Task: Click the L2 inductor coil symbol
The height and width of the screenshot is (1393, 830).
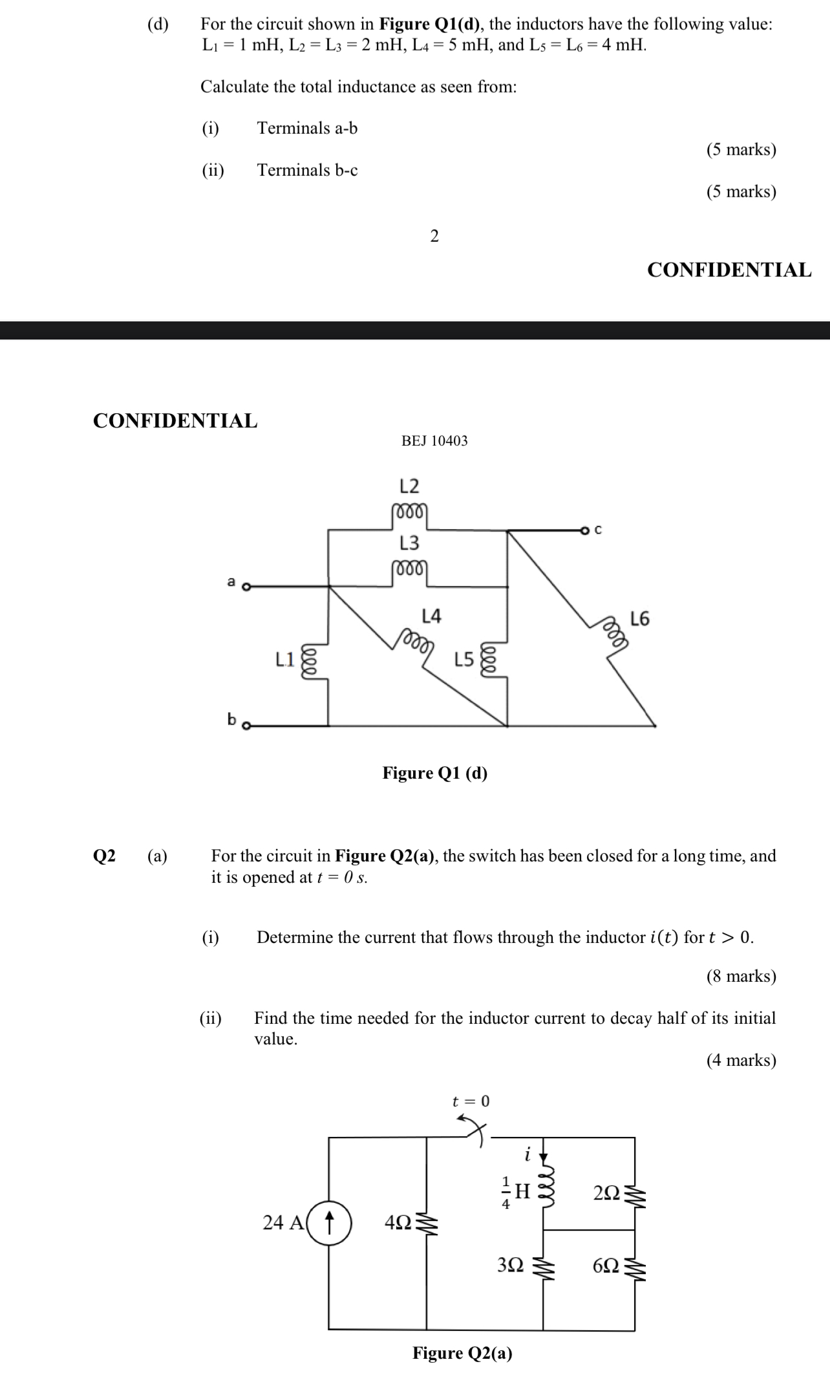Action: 409,511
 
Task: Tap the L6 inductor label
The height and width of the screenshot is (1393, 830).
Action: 639,619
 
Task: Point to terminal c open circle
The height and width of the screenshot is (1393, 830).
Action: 585,531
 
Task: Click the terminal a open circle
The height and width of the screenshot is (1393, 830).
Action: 246,587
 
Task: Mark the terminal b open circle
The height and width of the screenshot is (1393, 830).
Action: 246,726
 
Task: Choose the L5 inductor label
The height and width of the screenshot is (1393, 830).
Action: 464,660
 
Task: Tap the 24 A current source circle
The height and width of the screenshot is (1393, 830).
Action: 329,1222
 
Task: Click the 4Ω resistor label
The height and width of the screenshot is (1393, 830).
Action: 398,1222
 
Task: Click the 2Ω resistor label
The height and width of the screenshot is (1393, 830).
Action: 607,1192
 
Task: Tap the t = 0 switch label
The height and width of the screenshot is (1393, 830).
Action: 471,1101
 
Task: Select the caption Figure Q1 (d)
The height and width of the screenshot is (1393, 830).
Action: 435,773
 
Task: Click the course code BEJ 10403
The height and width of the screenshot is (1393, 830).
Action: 434,441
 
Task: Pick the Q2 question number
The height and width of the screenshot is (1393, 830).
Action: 105,856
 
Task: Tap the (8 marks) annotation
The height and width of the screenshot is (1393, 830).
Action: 741,976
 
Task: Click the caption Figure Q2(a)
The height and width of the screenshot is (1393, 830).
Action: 463,1353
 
